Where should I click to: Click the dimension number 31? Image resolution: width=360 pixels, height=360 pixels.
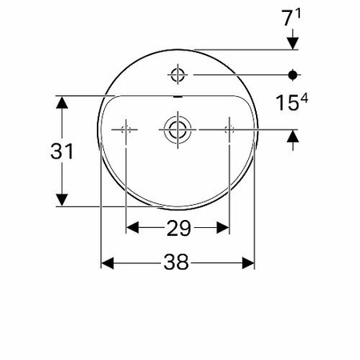(x=62, y=152)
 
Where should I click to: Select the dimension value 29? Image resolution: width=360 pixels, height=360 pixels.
(x=178, y=229)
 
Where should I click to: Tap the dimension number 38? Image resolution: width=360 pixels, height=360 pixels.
(x=178, y=262)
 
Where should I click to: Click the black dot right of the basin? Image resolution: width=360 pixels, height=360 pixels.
(x=294, y=75)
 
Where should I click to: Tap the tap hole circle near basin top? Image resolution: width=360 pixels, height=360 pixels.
(x=177, y=75)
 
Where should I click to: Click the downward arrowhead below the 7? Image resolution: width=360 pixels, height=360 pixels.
(x=294, y=43)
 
